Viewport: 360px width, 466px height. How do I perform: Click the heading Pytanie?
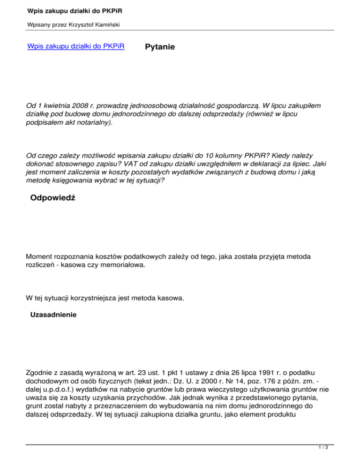click(x=160, y=47)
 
